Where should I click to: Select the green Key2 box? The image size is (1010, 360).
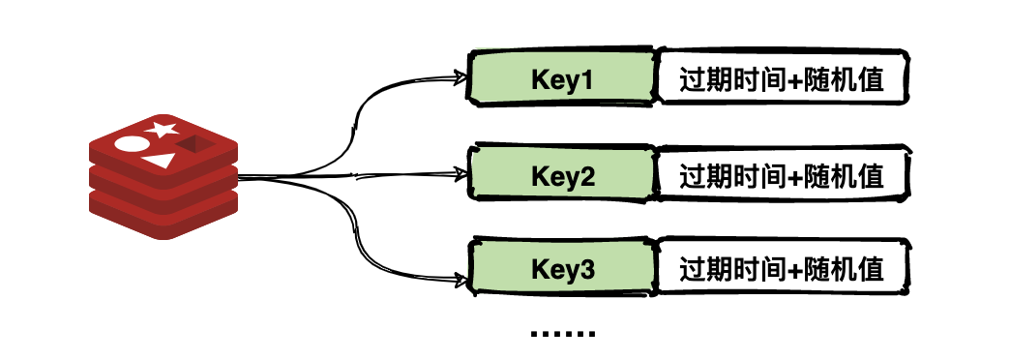561,176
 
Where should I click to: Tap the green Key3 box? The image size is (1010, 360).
561,269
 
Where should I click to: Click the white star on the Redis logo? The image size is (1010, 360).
162,129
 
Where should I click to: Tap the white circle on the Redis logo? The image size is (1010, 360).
129,145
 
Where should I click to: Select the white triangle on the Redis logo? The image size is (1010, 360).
160,161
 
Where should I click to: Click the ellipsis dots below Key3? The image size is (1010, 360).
562,334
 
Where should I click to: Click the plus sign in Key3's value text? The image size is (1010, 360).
795,269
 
